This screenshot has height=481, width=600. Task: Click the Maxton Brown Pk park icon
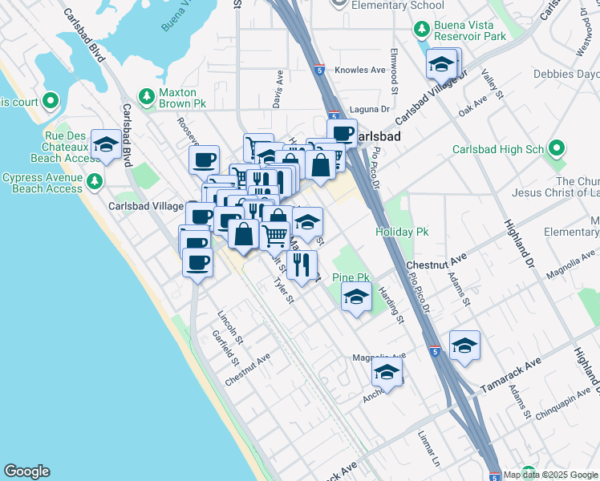pyautogui.click(x=146, y=97)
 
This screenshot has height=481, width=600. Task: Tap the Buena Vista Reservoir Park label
pyautogui.click(x=471, y=30)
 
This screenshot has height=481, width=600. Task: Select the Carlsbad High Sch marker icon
pyautogui.click(x=557, y=149)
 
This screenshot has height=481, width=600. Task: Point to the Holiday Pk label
pyautogui.click(x=402, y=232)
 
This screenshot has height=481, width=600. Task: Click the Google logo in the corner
pyautogui.click(x=26, y=471)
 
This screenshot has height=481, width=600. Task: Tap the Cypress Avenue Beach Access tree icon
pyautogui.click(x=95, y=181)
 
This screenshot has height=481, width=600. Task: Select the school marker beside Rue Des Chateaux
pyautogui.click(x=106, y=145)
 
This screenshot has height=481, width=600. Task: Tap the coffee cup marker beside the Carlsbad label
pyautogui.click(x=342, y=132)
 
